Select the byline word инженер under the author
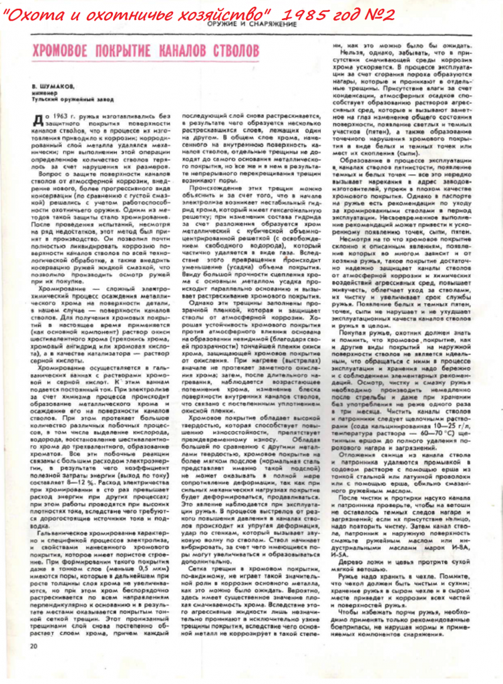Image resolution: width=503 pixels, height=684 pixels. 43,93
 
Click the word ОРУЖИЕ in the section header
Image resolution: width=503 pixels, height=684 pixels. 223,24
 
